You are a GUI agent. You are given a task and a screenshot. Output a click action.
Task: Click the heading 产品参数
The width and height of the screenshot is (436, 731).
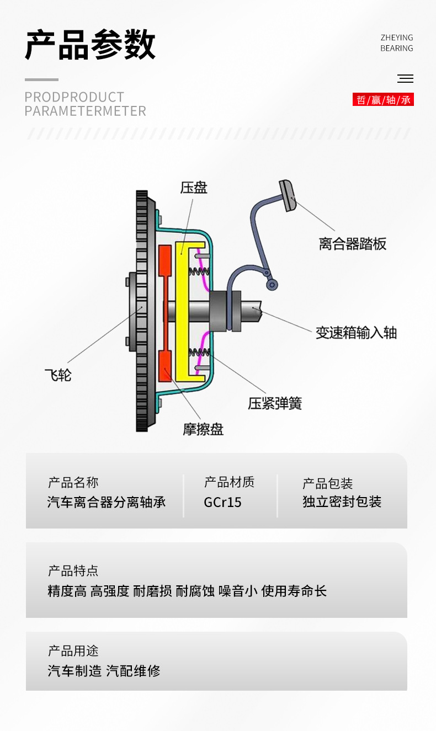90,45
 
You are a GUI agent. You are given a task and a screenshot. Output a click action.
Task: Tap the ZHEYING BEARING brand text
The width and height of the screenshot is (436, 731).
396,43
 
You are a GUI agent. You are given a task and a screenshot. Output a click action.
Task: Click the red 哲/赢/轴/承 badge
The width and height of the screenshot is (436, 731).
383,100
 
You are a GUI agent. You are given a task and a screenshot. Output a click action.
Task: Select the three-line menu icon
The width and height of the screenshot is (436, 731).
405,78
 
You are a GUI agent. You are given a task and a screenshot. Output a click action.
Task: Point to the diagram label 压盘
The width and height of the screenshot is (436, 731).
194,188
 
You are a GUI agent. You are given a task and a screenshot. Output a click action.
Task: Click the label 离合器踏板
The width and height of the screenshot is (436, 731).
352,244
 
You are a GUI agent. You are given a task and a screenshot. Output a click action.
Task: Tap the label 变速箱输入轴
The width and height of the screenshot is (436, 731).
356,332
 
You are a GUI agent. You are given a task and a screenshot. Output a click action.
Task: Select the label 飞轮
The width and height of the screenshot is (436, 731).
58,376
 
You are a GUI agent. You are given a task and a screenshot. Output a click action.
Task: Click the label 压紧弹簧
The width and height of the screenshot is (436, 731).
275,403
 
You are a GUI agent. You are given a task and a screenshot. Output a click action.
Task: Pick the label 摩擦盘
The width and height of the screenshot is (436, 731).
203,429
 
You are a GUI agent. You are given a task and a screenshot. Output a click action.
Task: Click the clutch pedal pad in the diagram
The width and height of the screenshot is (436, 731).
288,195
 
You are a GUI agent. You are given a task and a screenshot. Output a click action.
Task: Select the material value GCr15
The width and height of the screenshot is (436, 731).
222,502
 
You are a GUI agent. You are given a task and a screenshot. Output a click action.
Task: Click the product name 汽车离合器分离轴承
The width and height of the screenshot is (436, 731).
107,502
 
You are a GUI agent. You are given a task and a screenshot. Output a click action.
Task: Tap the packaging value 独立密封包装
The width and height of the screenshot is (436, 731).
342,502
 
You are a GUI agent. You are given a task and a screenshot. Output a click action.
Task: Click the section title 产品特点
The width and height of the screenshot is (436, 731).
73,570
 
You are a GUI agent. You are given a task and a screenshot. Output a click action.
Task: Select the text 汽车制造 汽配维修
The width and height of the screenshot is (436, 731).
104,671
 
